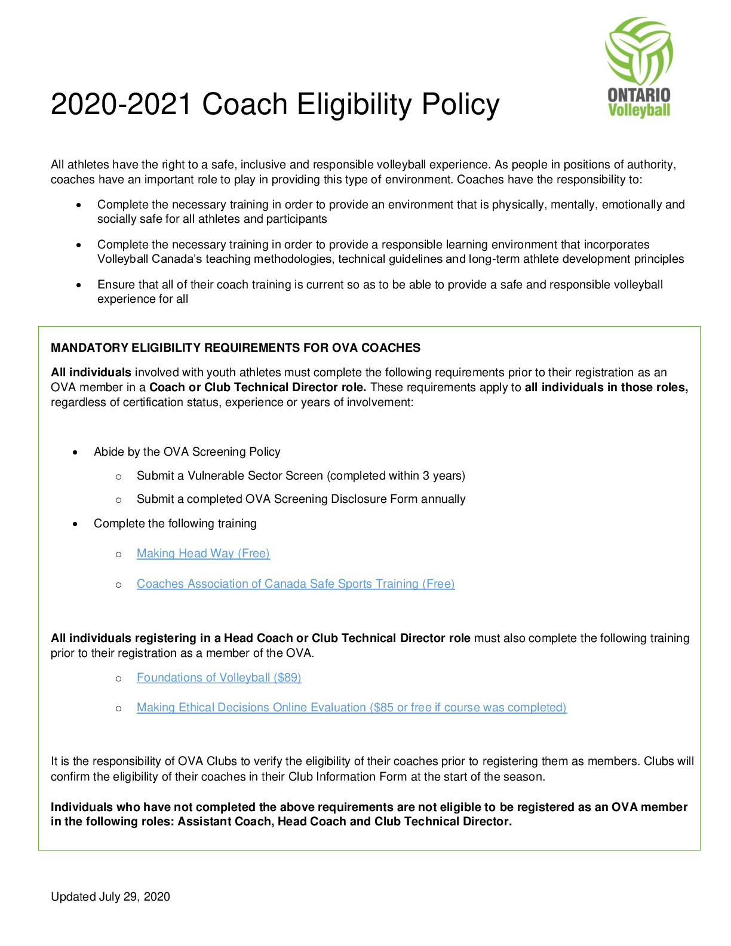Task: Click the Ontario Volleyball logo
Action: (x=638, y=67)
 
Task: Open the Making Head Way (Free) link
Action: (x=203, y=554)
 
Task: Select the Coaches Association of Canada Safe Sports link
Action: (x=296, y=584)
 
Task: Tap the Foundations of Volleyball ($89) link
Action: (x=219, y=678)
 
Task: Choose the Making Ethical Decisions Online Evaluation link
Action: (x=351, y=708)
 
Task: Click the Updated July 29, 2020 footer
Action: (x=110, y=896)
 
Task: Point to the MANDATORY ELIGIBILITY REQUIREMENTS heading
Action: (x=235, y=348)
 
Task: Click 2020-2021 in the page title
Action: (x=121, y=105)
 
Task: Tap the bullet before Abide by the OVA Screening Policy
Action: (x=75, y=453)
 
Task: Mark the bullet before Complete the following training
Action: (x=75, y=524)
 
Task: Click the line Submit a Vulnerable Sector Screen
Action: (x=300, y=476)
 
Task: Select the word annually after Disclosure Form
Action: (x=443, y=499)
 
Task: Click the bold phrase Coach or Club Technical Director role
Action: (x=257, y=388)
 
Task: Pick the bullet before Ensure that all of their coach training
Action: (x=78, y=285)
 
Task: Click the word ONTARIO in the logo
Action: (x=638, y=95)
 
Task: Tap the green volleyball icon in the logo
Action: (x=638, y=50)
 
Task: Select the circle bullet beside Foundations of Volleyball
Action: (x=118, y=678)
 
